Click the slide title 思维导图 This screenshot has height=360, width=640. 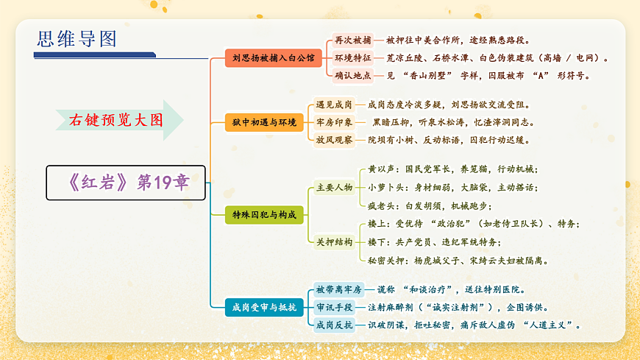(x=68, y=40)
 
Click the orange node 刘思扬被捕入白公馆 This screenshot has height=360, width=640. (x=273, y=57)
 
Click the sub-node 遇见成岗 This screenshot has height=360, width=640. (x=334, y=105)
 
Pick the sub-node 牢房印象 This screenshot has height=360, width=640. (x=334, y=122)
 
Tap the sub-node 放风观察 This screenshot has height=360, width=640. (x=334, y=140)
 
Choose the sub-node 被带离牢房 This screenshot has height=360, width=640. (x=338, y=289)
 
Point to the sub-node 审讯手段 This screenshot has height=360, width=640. (x=334, y=307)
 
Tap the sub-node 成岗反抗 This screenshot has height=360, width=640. (x=334, y=325)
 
